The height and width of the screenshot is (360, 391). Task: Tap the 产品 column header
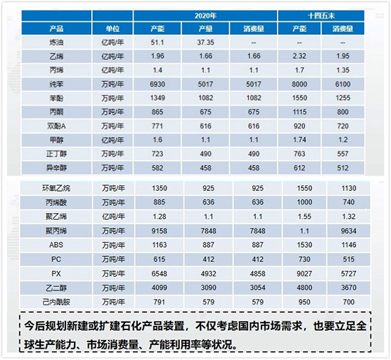coord(60,28)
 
